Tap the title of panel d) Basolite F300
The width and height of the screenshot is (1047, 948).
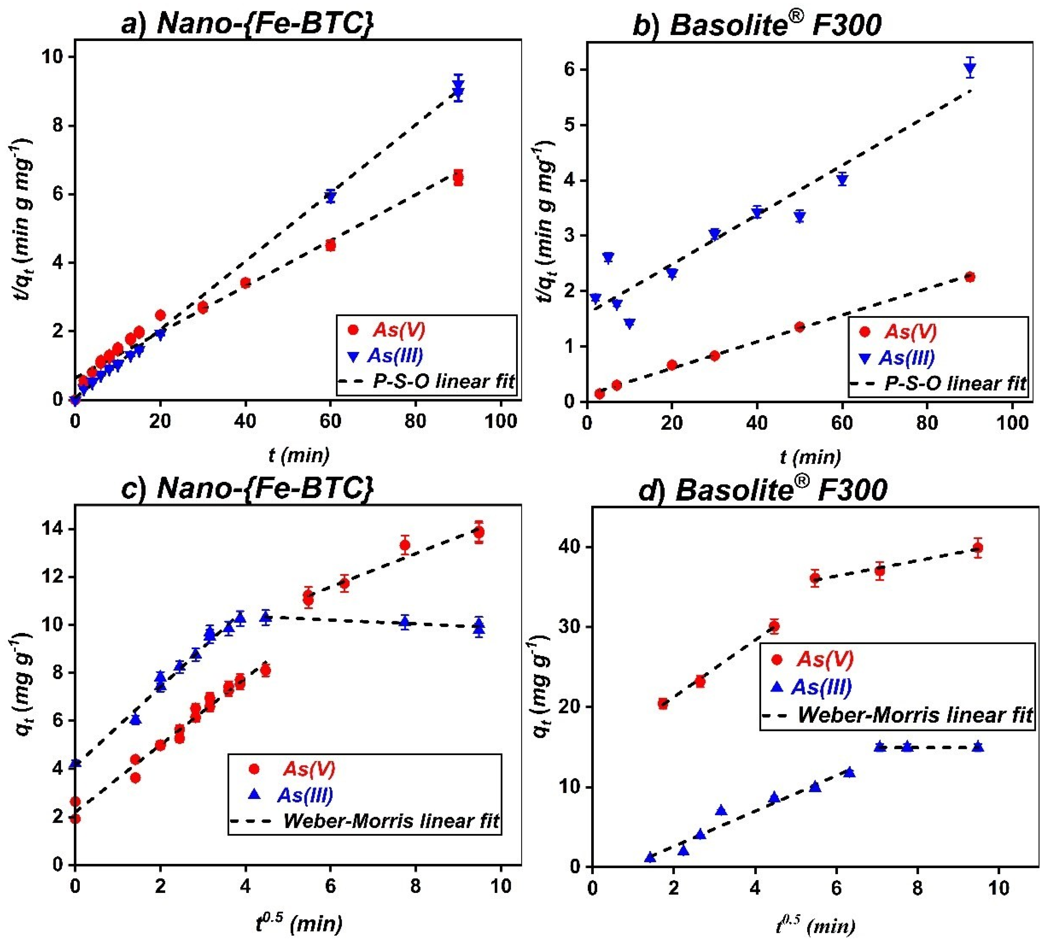[x=762, y=489]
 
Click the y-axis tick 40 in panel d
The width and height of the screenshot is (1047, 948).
[x=569, y=548]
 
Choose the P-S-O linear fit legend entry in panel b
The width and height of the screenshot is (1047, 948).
[x=955, y=383]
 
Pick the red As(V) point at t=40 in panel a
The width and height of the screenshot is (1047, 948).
[x=245, y=283]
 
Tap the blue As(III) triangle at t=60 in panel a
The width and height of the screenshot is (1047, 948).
[x=330, y=196]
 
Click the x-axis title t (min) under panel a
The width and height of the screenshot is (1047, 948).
[x=299, y=455]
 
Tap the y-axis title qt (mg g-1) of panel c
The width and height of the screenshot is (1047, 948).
[x=22, y=684]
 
